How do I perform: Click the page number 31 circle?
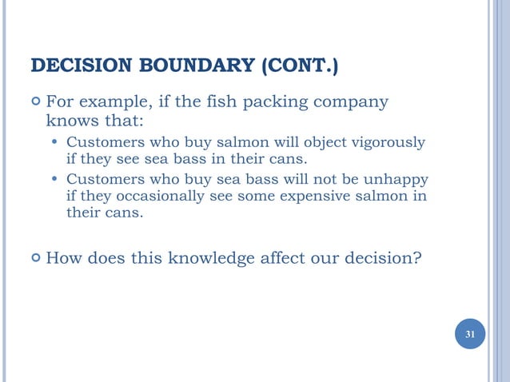470,333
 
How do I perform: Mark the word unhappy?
398,178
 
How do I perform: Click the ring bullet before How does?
34,258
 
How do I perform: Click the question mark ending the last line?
417,257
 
